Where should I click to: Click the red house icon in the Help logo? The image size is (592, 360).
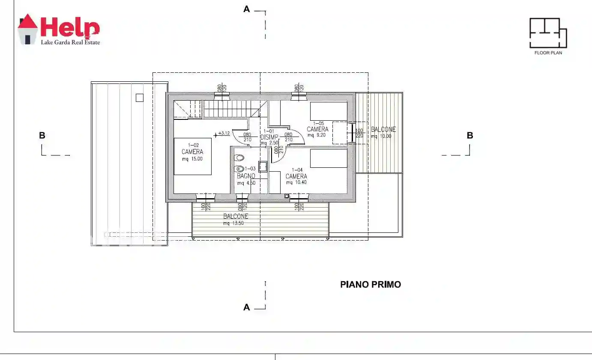[x=27, y=29]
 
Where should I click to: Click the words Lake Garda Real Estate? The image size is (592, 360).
[x=70, y=42]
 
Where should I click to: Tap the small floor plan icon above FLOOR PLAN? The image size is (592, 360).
[x=548, y=33]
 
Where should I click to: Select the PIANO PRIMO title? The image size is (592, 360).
[x=371, y=285]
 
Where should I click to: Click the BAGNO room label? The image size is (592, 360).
[x=246, y=176]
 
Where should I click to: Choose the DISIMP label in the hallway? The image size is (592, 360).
[x=269, y=137]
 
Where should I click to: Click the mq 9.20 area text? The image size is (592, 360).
[x=317, y=135]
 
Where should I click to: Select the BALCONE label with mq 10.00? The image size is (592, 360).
[x=383, y=130]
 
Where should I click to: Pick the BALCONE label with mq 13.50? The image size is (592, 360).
[x=236, y=217]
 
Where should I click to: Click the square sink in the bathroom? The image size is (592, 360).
[x=263, y=167]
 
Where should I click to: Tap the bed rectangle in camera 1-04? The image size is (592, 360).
[x=329, y=158]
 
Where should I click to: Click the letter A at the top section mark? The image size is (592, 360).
[x=246, y=9]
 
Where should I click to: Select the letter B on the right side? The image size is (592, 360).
[x=470, y=136]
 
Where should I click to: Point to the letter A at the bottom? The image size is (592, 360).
[x=246, y=307]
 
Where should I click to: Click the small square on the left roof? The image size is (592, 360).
[x=139, y=98]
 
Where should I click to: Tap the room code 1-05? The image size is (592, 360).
[x=318, y=123]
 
